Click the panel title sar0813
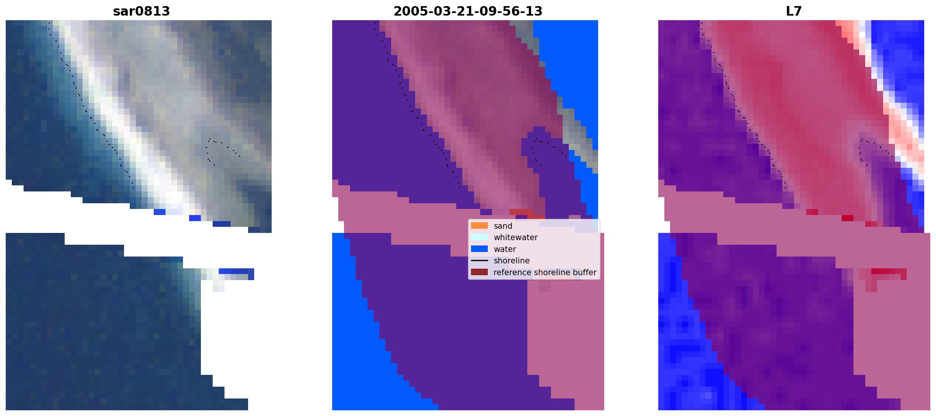141,11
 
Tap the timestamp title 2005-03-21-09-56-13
468,11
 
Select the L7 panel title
794,11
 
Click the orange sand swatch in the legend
479,226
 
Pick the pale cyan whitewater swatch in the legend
479,237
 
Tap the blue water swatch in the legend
479,249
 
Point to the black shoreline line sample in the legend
479,261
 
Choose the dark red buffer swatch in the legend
479,272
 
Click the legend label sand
503,226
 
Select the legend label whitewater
516,237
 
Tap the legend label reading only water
505,249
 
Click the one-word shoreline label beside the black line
512,261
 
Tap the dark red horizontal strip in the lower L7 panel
889,271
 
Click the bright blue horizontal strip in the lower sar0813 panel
236,271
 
